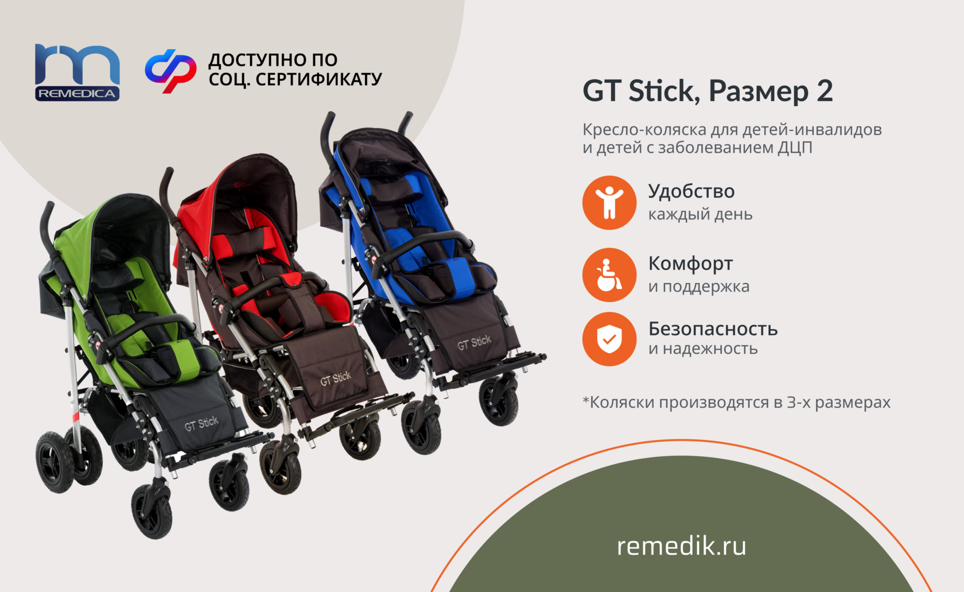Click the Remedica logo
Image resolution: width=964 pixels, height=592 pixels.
coord(77,72)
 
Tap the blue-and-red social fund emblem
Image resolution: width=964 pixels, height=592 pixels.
coord(171,71)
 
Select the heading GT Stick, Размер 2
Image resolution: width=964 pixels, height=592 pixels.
coord(708,91)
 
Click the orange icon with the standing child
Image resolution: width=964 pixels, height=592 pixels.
coord(609,202)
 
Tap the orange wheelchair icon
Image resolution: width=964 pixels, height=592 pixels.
coord(609,274)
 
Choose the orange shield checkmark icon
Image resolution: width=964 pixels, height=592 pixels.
coord(609,339)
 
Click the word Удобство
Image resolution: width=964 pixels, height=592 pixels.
coord(691,192)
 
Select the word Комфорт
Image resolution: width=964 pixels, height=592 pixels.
coord(690,264)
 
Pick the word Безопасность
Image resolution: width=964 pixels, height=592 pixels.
coord(713,329)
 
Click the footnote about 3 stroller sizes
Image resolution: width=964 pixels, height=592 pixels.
coord(736,402)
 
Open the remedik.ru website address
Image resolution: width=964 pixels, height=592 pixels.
coord(682,546)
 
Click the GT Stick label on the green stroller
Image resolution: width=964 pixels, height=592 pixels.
coord(201,424)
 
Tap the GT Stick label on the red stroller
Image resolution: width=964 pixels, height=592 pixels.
coord(336,379)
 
